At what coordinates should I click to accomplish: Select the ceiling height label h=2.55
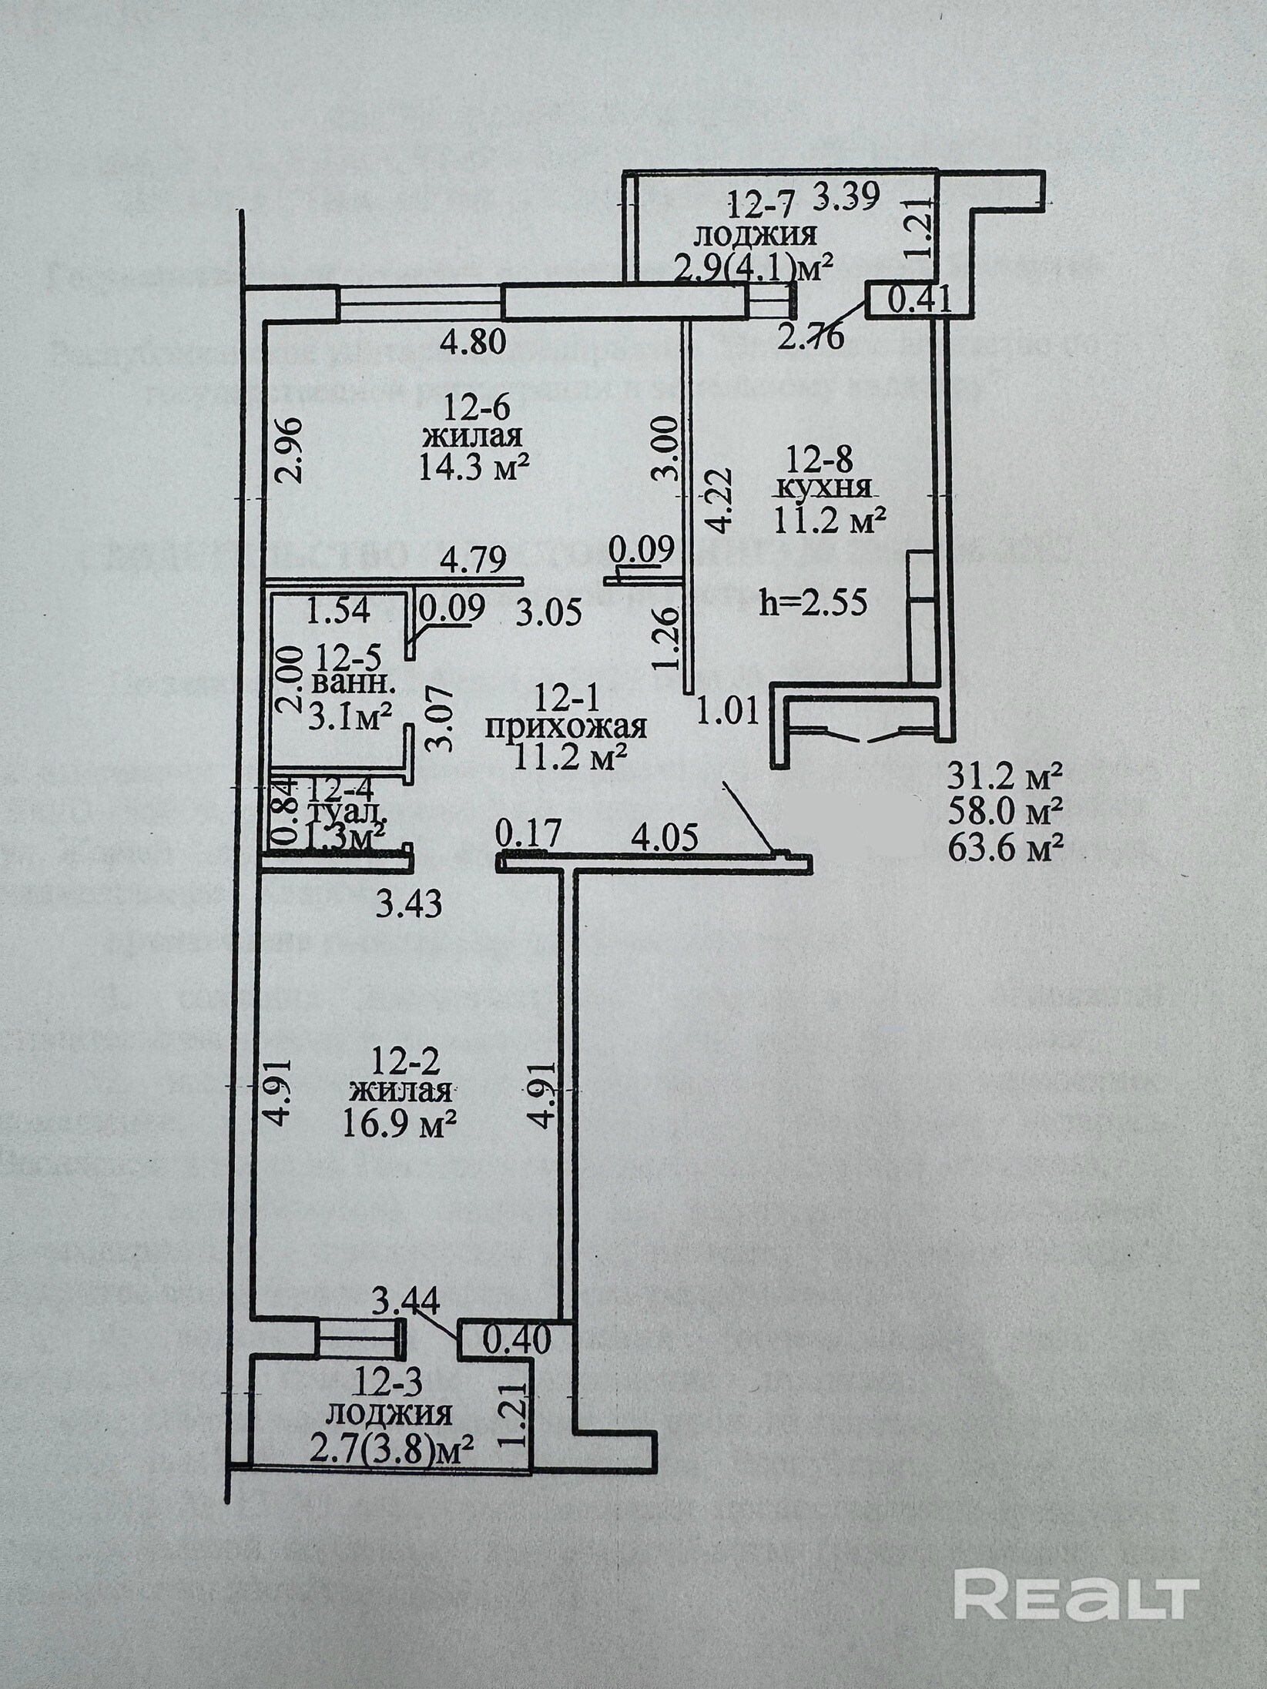813,601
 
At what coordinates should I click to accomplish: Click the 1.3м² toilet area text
345,835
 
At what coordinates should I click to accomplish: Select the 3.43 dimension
408,904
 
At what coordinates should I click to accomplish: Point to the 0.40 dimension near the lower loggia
517,1342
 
